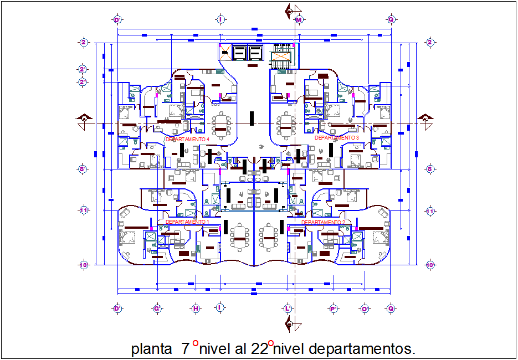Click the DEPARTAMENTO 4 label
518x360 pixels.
(187, 140)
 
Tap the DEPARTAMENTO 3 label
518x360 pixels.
(337, 137)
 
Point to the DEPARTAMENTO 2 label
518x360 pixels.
(324, 222)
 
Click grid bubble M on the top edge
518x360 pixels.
(299, 20)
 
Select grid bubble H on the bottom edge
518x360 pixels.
(196, 308)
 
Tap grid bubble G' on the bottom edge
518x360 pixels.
(157, 308)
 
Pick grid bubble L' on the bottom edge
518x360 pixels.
(288, 308)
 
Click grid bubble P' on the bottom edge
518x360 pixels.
(334, 308)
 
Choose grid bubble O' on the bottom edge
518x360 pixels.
(365, 308)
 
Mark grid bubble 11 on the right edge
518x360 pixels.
(430, 211)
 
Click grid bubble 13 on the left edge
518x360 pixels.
(84, 265)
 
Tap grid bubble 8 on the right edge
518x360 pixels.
(430, 169)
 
